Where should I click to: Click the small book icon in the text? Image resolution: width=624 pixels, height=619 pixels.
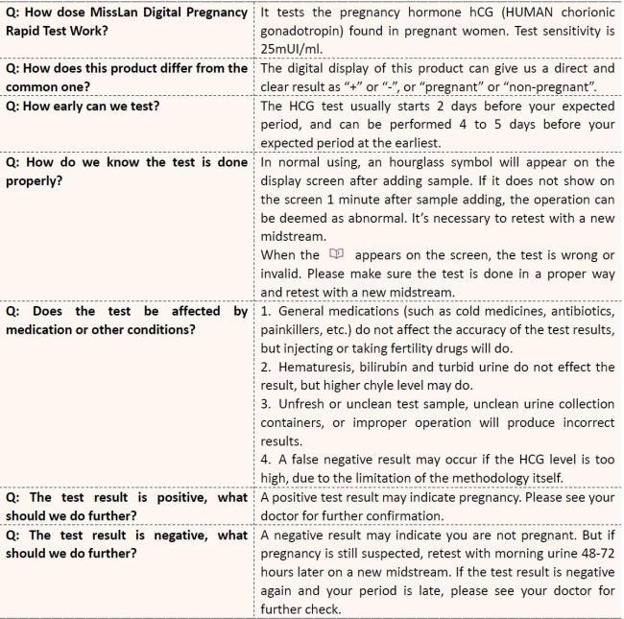point(336,254)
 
